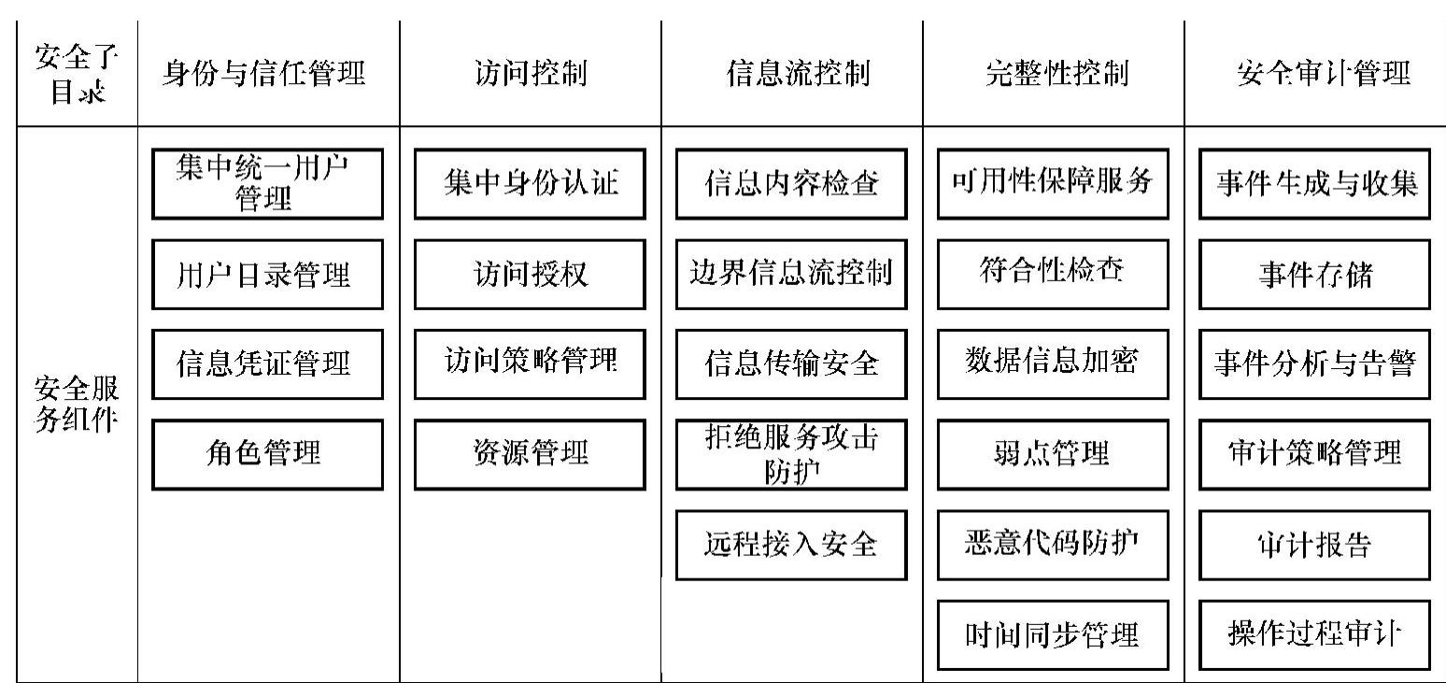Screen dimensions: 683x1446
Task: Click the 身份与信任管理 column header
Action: click(264, 75)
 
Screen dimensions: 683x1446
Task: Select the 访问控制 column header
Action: click(530, 75)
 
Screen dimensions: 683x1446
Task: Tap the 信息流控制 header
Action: click(791, 75)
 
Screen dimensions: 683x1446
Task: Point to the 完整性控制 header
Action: click(1053, 75)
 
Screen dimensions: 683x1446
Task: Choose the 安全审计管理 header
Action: click(1314, 75)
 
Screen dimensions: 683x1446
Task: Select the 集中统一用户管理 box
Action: click(267, 184)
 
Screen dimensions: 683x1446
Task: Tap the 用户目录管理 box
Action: click(267, 275)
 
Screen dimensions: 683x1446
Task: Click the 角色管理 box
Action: click(267, 454)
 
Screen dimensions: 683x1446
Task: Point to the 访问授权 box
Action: click(530, 275)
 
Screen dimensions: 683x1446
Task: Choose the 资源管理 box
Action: click(530, 454)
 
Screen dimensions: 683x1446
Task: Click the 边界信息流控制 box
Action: click(791, 275)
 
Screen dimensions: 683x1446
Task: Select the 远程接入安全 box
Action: click(791, 545)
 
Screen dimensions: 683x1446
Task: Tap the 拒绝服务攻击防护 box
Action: click(791, 454)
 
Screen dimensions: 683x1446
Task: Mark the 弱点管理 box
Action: click(1053, 454)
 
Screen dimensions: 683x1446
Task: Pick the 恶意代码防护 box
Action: click(1053, 545)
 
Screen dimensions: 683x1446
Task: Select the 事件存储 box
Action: click(1314, 275)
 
